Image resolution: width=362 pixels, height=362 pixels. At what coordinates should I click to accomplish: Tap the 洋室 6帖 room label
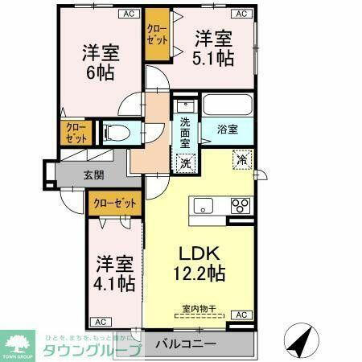tap(100, 63)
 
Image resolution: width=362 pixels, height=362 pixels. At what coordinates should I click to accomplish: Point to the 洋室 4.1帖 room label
tap(113, 273)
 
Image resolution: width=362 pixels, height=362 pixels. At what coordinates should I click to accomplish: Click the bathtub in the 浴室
tap(227, 106)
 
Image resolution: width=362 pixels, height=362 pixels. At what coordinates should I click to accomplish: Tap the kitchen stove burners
tap(240, 205)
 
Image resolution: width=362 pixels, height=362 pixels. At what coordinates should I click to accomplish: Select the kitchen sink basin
tap(202, 204)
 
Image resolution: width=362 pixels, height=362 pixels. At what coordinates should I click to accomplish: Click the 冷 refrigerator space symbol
tap(241, 159)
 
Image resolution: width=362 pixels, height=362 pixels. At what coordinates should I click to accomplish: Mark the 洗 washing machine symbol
tap(186, 161)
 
